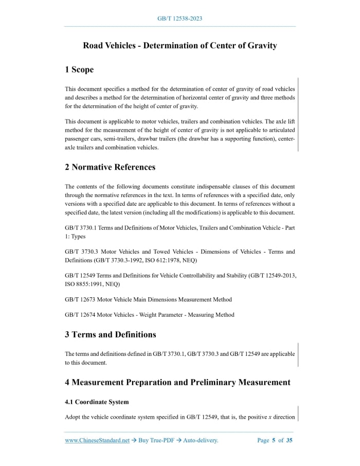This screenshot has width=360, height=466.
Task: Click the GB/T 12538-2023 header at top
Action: coord(179,19)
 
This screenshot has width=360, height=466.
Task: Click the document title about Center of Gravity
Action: coord(179,46)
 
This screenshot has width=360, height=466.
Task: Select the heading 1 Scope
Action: coord(79,69)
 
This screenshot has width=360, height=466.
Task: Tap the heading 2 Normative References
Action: coord(110,167)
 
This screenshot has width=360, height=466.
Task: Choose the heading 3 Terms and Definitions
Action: coord(110,334)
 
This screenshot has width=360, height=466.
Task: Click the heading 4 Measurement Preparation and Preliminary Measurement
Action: coord(177,382)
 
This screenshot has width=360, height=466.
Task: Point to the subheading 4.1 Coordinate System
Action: coord(97,402)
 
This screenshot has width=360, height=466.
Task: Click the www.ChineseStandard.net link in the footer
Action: coord(97,440)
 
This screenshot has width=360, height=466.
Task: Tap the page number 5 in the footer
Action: coord(274,440)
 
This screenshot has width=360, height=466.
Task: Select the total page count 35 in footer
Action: coord(289,440)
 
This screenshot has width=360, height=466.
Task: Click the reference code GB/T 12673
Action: coord(83,299)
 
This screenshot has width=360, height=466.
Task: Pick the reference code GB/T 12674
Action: coord(83,315)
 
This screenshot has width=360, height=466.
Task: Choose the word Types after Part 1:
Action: coord(78,237)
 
